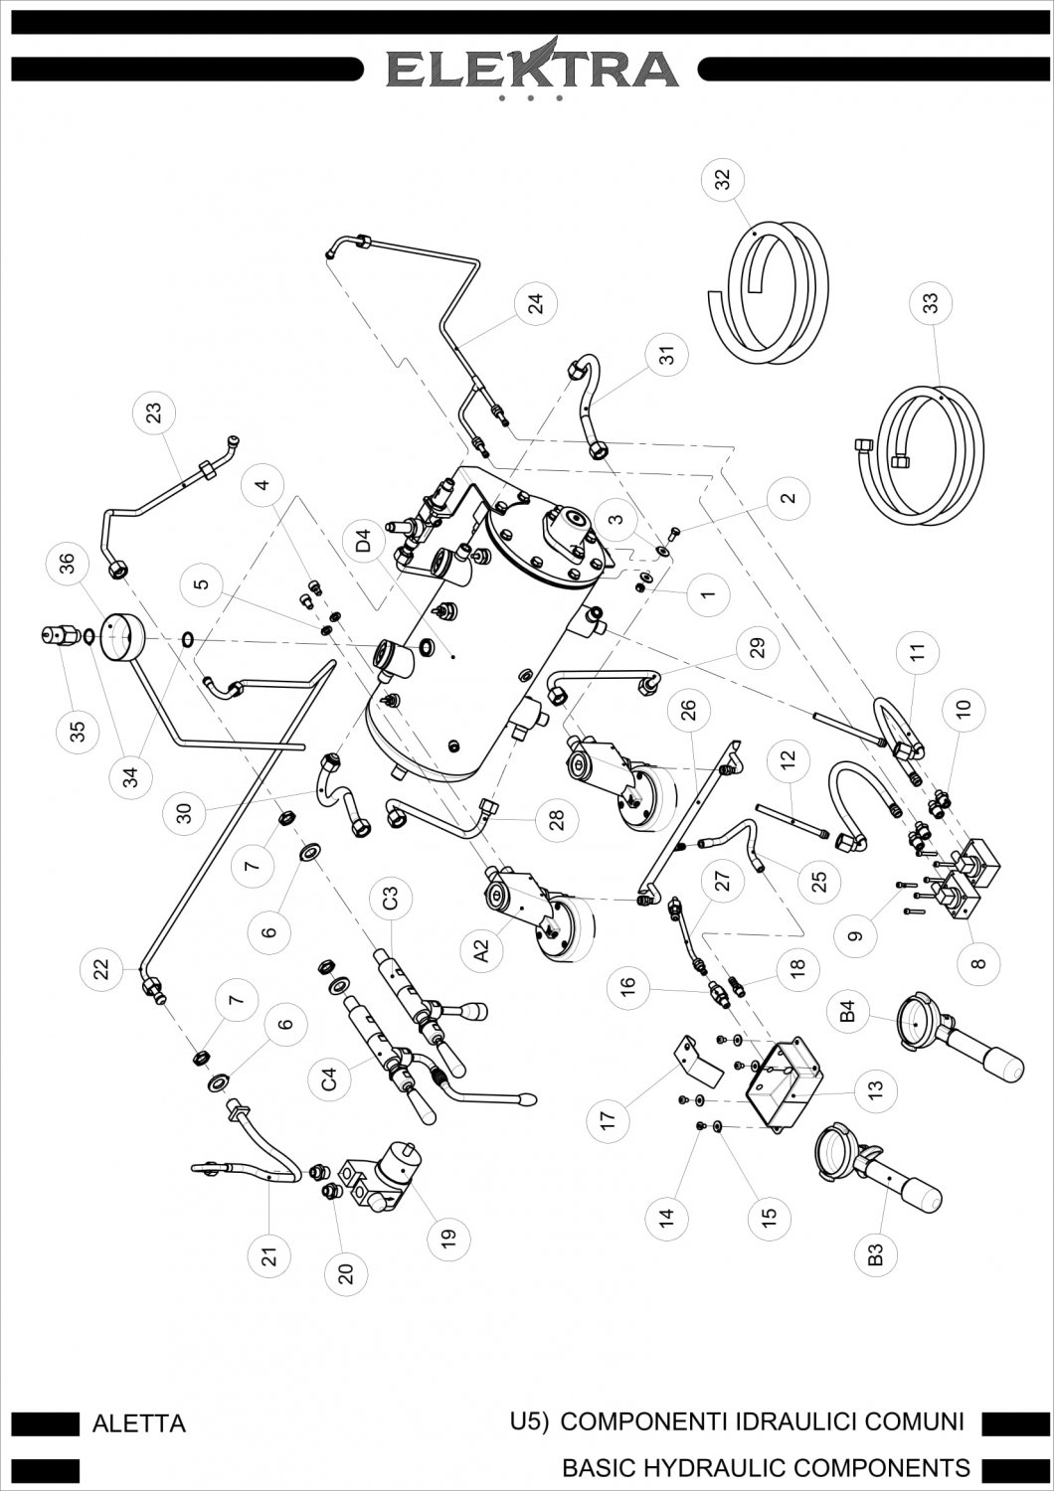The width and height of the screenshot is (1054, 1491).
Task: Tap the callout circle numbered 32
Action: (723, 180)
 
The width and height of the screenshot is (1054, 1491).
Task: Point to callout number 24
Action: (536, 306)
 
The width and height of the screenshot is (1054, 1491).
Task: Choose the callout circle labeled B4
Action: (848, 1013)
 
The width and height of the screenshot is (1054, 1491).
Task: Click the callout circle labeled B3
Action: (875, 1254)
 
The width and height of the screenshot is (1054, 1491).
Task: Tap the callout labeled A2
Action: (481, 953)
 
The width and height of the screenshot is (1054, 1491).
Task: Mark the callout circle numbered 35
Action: (78, 731)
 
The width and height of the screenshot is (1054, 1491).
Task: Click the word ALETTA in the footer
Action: (138, 1423)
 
